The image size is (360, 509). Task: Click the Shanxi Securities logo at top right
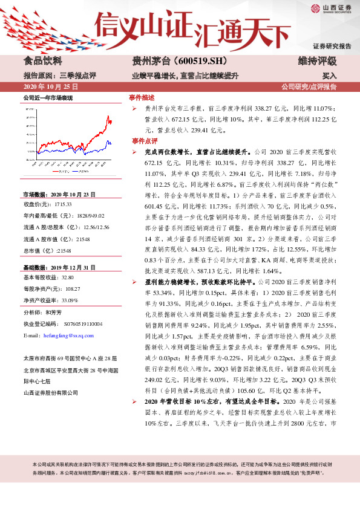[x=332, y=9]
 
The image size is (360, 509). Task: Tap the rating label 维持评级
[x=318, y=61]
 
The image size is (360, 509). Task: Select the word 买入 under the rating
[x=329, y=76]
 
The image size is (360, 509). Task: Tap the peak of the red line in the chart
[x=108, y=116]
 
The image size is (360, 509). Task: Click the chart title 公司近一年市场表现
[x=48, y=97]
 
